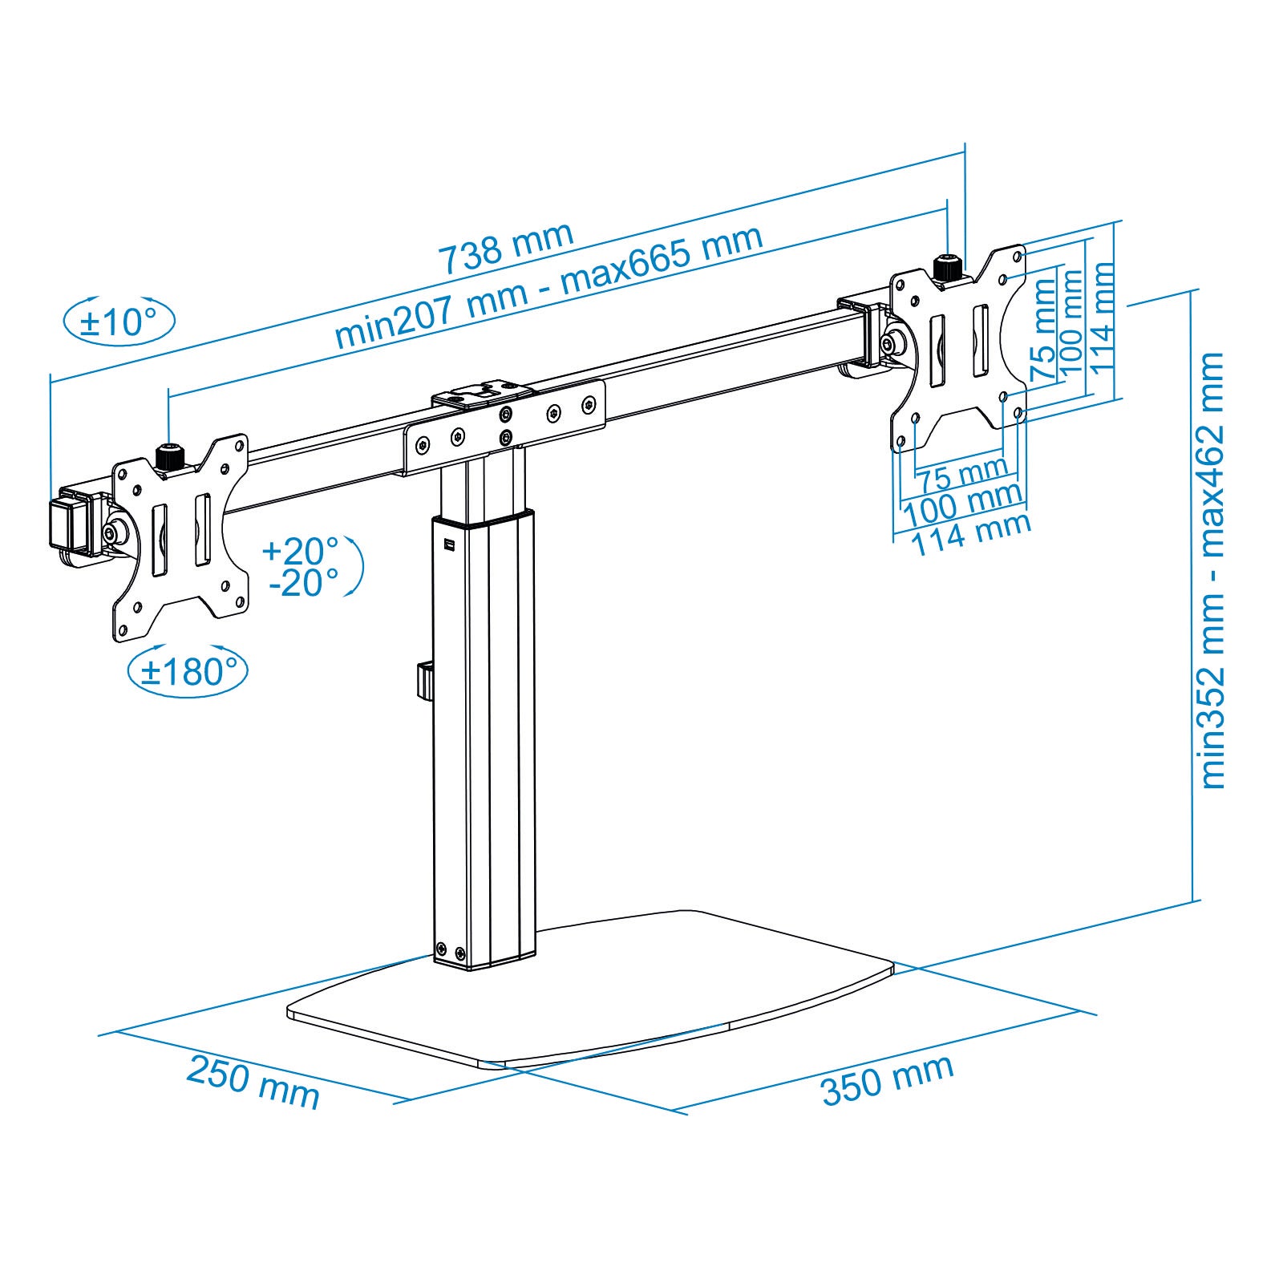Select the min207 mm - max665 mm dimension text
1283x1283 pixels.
tap(548, 286)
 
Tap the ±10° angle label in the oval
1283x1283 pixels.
tap(119, 322)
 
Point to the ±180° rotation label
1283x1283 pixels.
tap(188, 671)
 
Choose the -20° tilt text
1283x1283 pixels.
tap(303, 583)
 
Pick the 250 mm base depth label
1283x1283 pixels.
tap(253, 1083)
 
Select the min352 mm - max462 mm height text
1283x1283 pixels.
tap(1212, 570)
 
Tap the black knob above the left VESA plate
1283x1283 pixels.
tap(168, 458)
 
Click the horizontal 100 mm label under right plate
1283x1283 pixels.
tap(962, 504)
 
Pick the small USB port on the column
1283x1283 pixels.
tap(448, 546)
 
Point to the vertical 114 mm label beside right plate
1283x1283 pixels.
tap(1103, 318)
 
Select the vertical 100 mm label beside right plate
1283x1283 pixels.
tap(1072, 323)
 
